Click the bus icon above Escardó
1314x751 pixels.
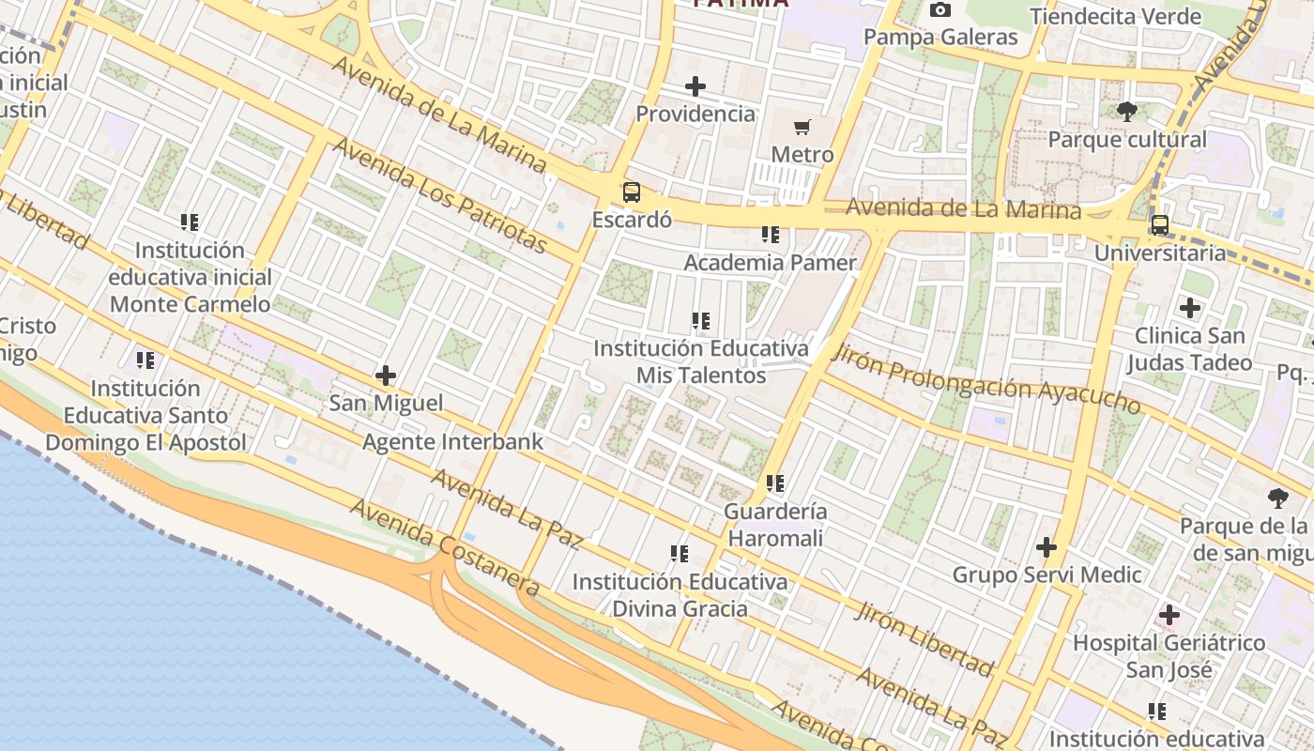[632, 192]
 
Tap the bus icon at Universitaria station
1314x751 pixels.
[1160, 225]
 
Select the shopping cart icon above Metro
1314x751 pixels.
[802, 127]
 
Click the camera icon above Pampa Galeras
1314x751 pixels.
[940, 10]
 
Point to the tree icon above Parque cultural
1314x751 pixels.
[1127, 112]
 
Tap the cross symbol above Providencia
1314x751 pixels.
[695, 86]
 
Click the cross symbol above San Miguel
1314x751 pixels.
[386, 375]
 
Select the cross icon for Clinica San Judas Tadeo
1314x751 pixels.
[1190, 308]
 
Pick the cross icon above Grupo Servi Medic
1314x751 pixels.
[1047, 547]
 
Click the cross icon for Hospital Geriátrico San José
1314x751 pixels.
[1169, 616]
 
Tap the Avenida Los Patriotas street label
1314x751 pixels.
[439, 195]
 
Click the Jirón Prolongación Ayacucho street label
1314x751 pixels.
[985, 378]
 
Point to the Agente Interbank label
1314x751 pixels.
[452, 441]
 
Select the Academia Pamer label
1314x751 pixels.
[770, 262]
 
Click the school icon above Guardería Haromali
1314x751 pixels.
[775, 483]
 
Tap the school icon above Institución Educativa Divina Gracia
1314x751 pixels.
[680, 554]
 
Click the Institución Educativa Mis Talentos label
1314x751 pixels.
[701, 361]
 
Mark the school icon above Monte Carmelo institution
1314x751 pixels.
[190, 222]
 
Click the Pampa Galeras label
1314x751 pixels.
[940, 38]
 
